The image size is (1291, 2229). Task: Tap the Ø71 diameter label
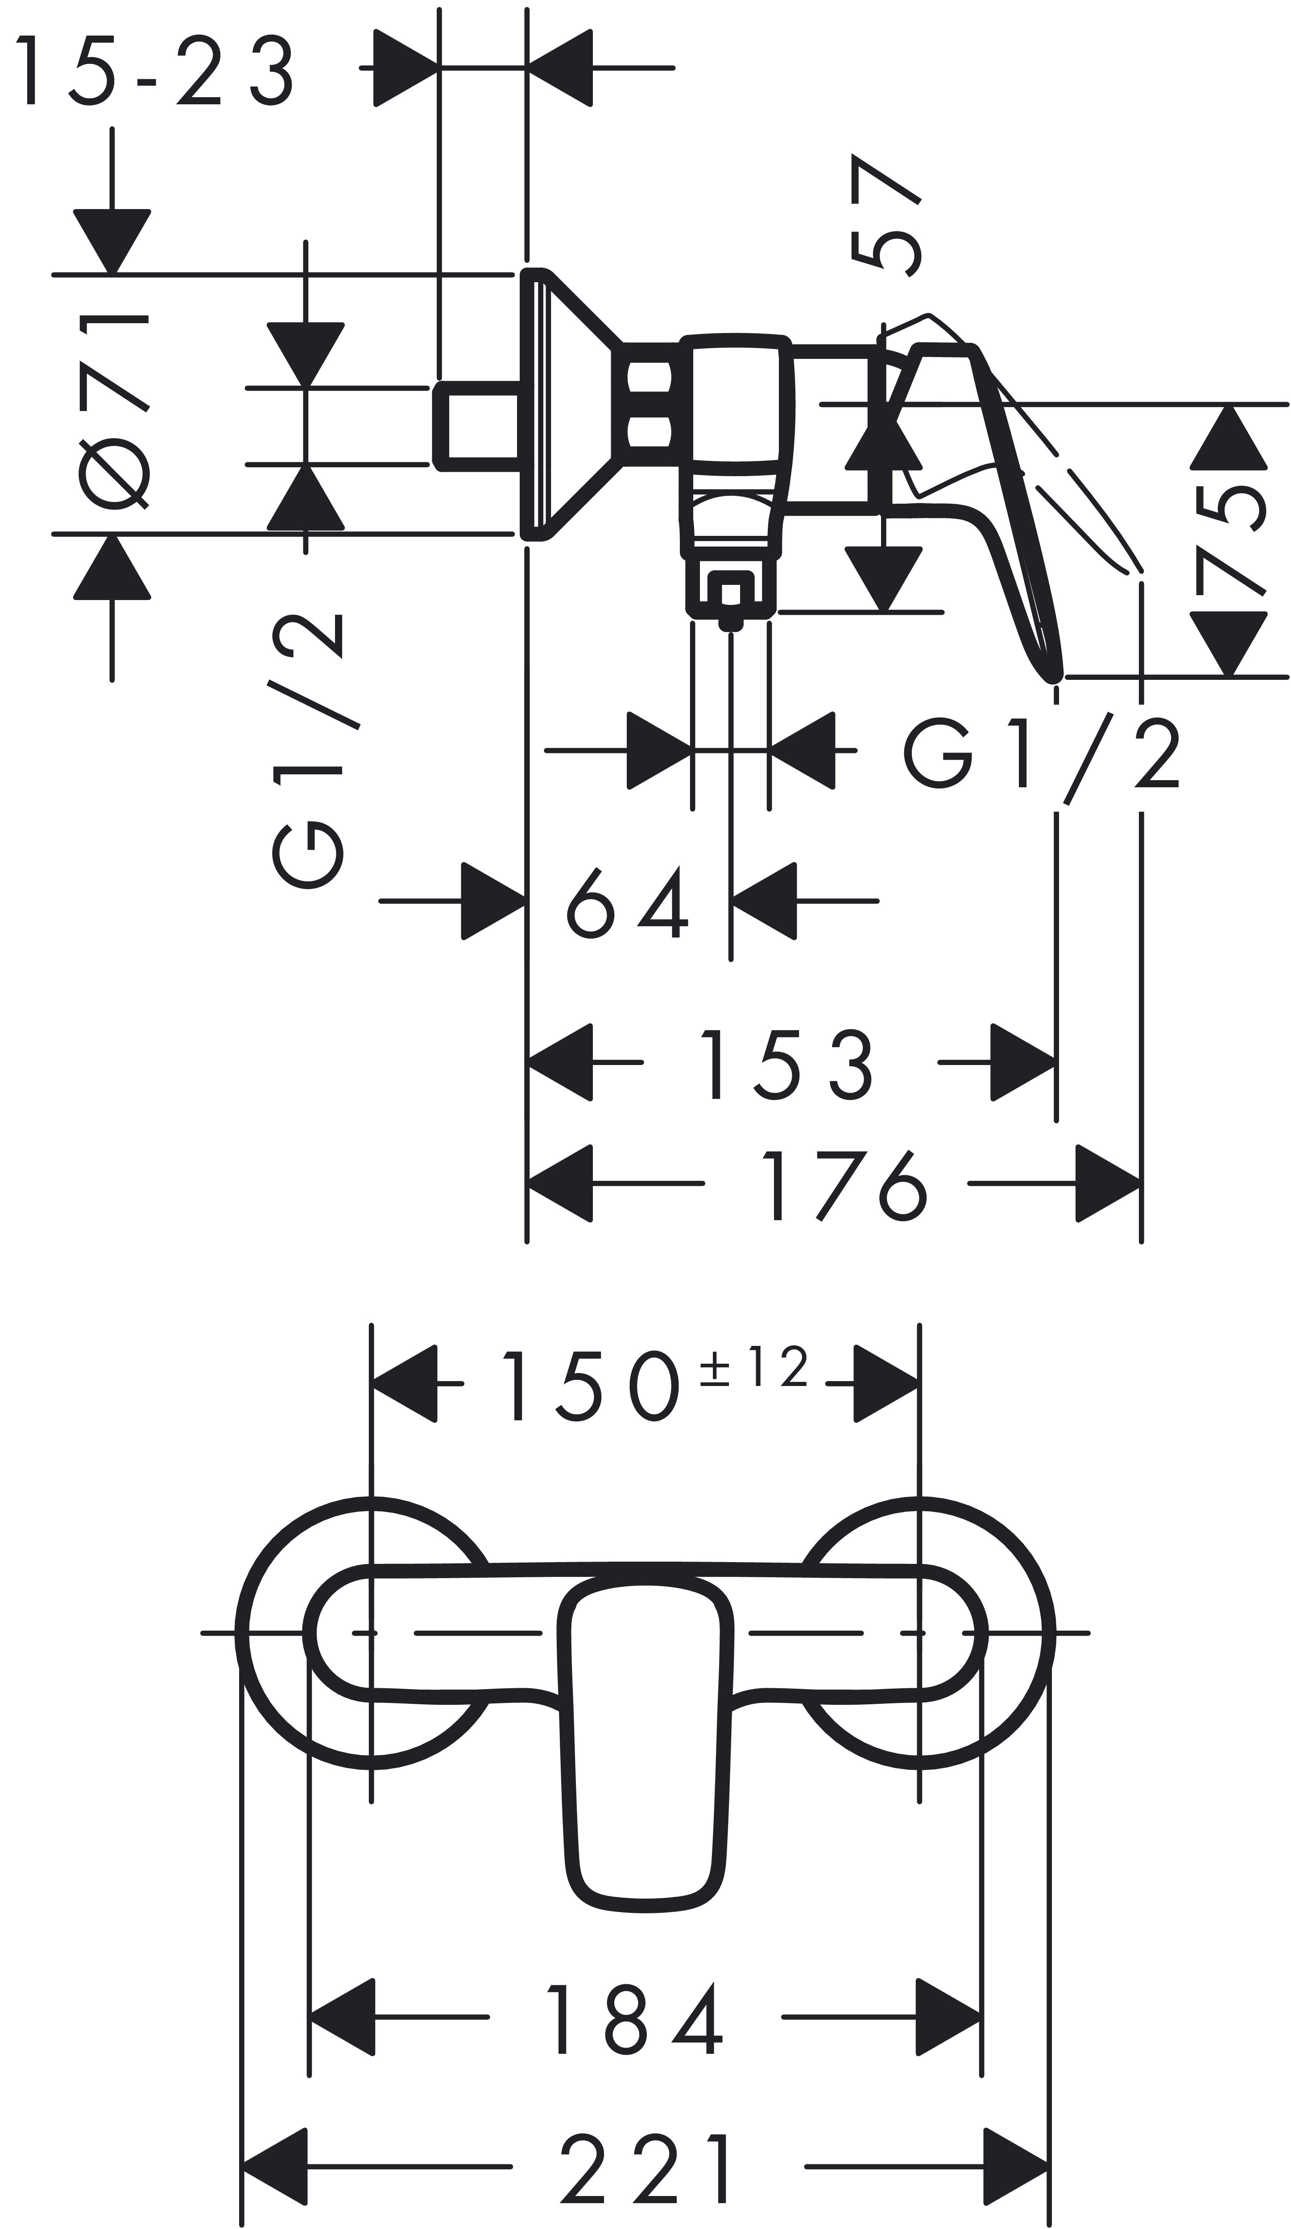[x=115, y=411]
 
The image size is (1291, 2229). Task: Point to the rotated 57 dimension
[x=885, y=217]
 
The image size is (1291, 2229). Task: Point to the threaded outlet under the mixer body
[x=731, y=591]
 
